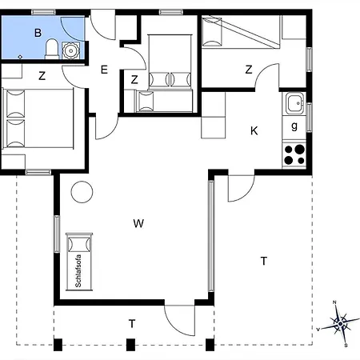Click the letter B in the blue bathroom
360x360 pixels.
coord(38,33)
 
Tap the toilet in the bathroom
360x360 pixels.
coord(52,49)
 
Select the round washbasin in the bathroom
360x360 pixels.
coord(70,50)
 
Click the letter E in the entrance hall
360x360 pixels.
coord(104,70)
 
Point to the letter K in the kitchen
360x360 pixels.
coord(254,131)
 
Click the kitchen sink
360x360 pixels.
coord(294,103)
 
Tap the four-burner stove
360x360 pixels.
coord(294,154)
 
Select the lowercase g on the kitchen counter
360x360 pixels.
coord(294,126)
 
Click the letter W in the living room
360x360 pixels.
coord(138,223)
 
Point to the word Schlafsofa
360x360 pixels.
coord(78,271)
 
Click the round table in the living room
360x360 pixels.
coord(82,192)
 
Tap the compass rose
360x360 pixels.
coord(340,324)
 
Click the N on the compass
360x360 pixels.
coord(334,302)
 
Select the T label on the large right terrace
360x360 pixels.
coord(264,261)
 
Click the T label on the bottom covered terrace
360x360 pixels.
coord(132,323)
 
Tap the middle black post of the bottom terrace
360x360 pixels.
coord(130,345)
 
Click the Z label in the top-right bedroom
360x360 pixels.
coord(249,70)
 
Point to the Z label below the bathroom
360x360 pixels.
coord(42,76)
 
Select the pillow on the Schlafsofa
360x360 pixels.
coord(79,244)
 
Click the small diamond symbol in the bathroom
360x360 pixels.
coord(20,57)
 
